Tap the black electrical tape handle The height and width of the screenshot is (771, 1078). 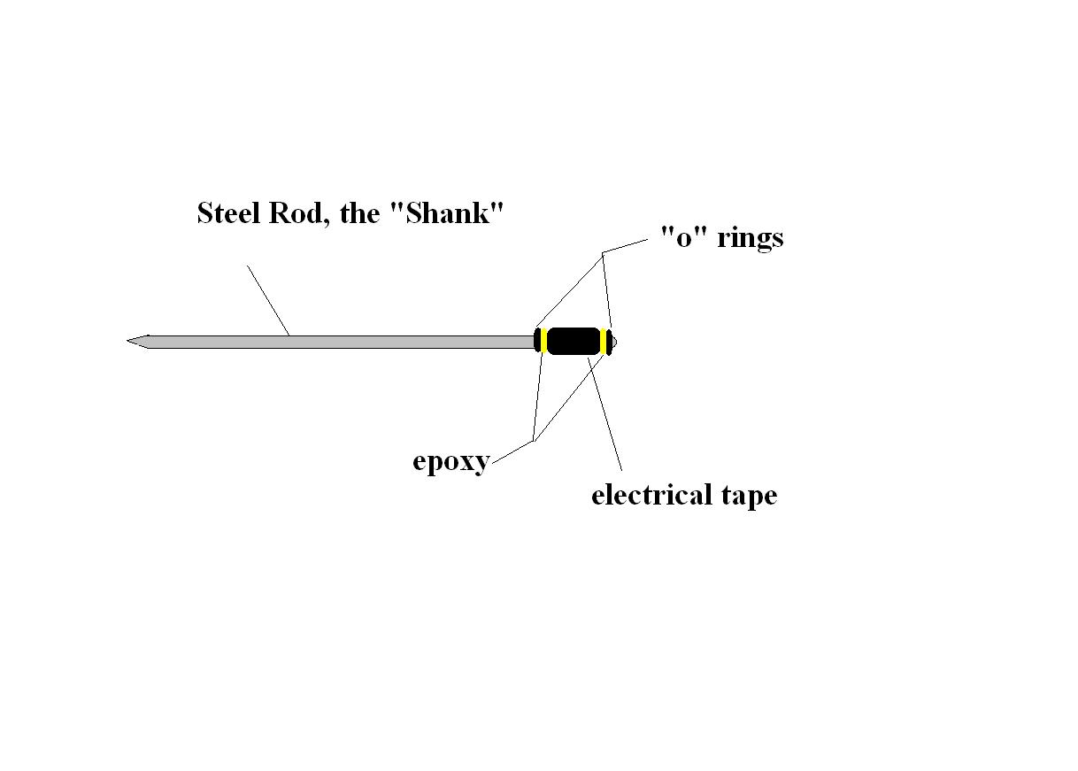pyautogui.click(x=574, y=341)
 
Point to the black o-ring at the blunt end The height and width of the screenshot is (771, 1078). pyautogui.click(x=609, y=341)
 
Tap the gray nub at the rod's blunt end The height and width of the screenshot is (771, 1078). pyautogui.click(x=614, y=341)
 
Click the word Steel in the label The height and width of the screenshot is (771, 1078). pyautogui.click(x=224, y=213)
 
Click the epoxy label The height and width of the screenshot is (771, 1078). pyautogui.click(x=450, y=462)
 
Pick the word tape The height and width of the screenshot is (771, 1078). pyautogui.click(x=748, y=496)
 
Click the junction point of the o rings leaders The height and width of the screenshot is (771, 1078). pyautogui.click(x=603, y=254)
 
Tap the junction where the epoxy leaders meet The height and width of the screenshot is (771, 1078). pyautogui.click(x=534, y=440)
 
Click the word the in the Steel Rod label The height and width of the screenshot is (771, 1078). pyautogui.click(x=359, y=213)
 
